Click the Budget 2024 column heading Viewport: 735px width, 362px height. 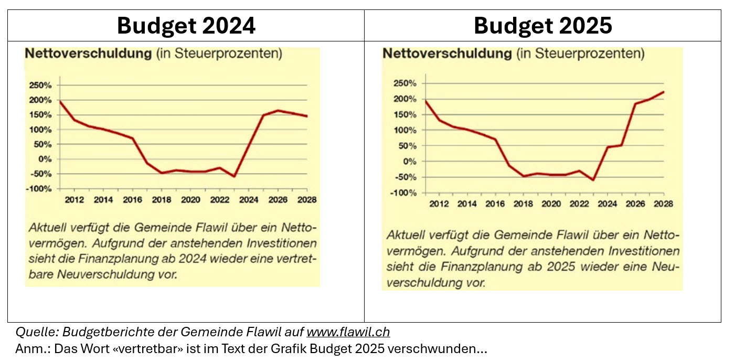[186, 25]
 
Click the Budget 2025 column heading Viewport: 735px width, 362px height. [542, 25]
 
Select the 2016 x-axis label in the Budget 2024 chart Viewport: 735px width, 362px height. [133, 200]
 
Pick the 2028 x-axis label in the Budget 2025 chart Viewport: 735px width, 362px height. [663, 204]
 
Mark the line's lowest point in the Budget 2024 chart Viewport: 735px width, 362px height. [234, 176]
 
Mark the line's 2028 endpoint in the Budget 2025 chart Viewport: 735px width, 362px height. [664, 92]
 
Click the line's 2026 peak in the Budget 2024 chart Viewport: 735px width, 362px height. [278, 110]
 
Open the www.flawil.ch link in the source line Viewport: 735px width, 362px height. [348, 332]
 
